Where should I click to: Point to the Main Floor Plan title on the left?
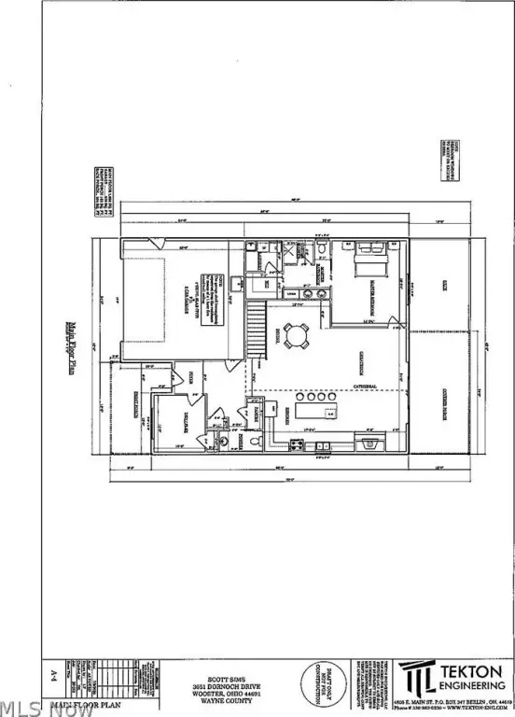72,344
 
